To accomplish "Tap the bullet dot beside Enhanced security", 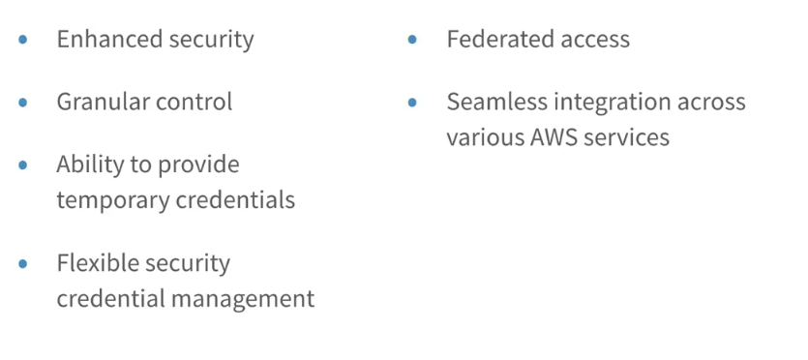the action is point(22,39).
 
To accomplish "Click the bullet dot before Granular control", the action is point(22,102).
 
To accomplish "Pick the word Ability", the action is point(84,165).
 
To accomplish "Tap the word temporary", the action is point(112,199).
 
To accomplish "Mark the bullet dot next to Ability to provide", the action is point(22,165).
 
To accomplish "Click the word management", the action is point(243,299).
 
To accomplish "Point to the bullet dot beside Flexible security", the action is point(22,263).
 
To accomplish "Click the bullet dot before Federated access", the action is point(412,39).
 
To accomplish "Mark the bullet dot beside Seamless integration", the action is point(412,102).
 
